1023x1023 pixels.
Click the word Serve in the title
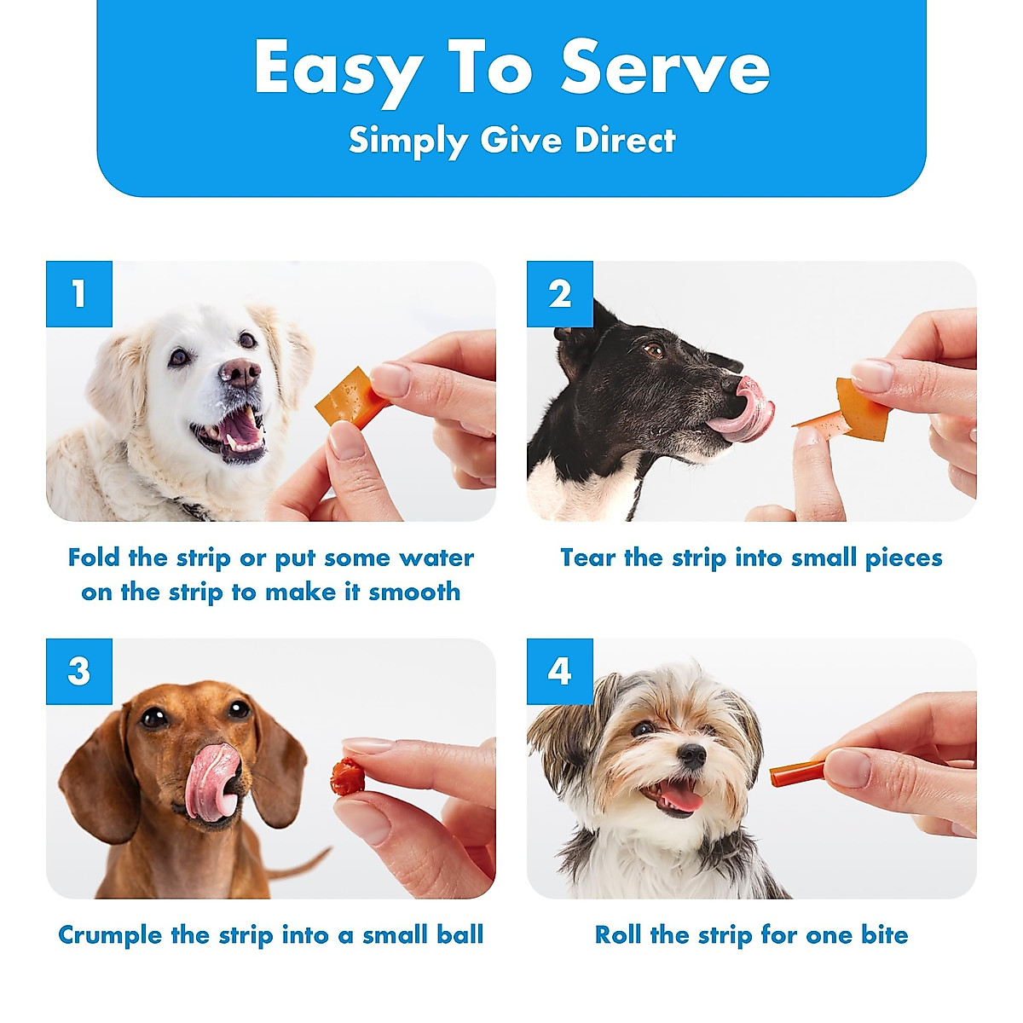click(x=665, y=68)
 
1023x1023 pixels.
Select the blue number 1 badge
click(x=79, y=294)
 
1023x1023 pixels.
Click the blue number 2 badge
click(x=560, y=294)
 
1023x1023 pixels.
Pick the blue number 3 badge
click(x=79, y=672)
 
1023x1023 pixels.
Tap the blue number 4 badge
click(x=560, y=672)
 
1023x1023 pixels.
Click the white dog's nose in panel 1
click(x=240, y=372)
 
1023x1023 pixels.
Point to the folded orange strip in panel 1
click(x=351, y=397)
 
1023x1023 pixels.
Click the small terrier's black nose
click(x=691, y=754)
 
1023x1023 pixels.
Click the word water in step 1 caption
click(x=436, y=558)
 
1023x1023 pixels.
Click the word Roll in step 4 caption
click(x=617, y=935)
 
